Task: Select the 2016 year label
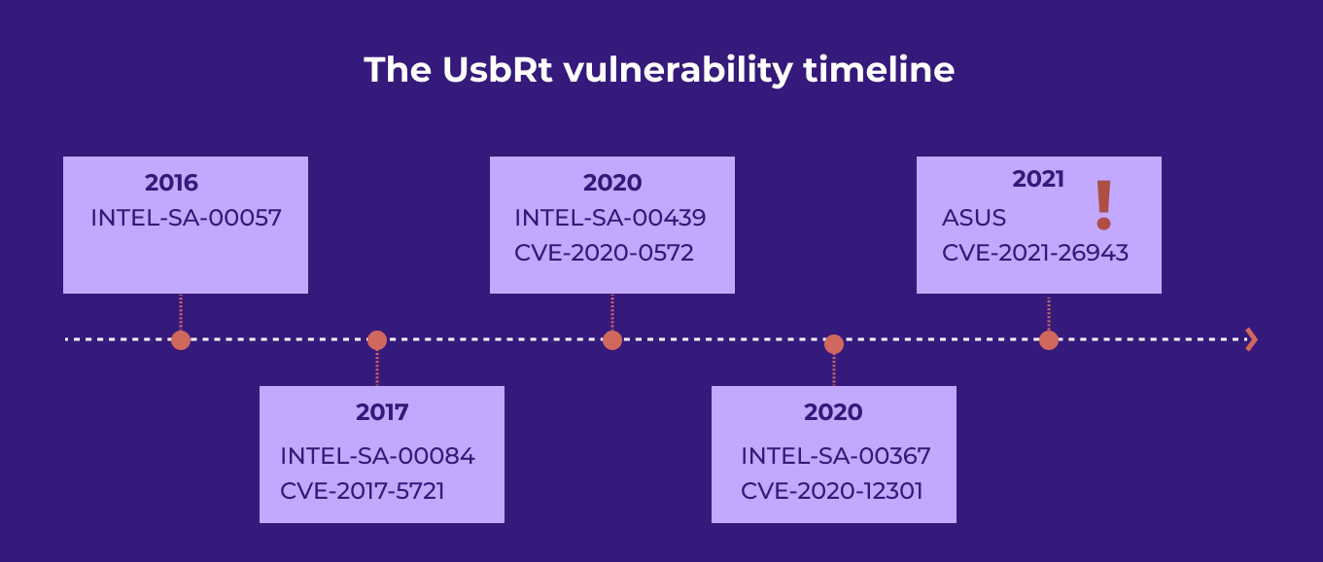click(171, 183)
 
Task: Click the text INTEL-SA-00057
click(186, 218)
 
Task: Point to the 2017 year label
click(382, 412)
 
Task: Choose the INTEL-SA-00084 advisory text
click(377, 456)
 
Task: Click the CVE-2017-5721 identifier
click(362, 491)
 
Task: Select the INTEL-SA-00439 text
click(609, 218)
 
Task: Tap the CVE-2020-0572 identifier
click(604, 253)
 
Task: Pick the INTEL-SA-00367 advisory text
click(835, 456)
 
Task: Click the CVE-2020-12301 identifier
click(831, 491)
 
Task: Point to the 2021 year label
click(1038, 179)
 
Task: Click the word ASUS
click(973, 218)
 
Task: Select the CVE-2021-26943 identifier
click(1034, 253)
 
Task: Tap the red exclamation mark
click(1102, 204)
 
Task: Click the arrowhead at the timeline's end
click(1251, 339)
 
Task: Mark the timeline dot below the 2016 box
click(180, 340)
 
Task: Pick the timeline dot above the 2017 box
click(377, 340)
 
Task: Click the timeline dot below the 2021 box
click(1048, 340)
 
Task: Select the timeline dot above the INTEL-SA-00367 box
click(833, 344)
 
